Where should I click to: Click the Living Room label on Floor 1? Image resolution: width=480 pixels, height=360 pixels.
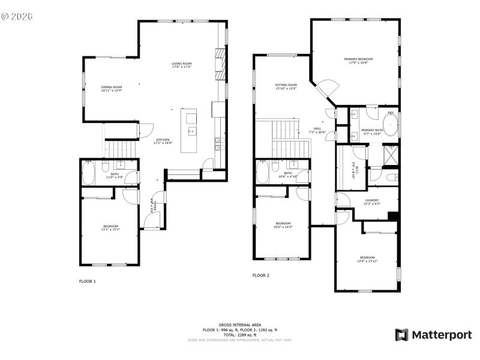coord(181,65)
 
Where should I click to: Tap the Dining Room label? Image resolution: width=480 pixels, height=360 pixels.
coord(112,89)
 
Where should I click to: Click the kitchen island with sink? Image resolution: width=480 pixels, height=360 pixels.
coord(191,131)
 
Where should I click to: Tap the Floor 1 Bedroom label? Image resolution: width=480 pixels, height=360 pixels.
coord(110,227)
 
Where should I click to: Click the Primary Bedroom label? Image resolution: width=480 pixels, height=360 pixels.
coord(358,61)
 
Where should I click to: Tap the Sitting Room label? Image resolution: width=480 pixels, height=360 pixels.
coord(286,87)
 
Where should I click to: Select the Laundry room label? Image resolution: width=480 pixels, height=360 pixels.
coord(372,202)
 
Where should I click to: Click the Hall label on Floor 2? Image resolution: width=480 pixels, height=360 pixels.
coord(317,130)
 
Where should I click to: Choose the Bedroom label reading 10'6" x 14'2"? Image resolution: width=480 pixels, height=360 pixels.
coord(283,225)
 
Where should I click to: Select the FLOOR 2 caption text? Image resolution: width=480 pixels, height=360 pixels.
coord(260,275)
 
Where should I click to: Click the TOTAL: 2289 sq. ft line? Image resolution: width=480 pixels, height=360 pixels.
coord(239,335)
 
